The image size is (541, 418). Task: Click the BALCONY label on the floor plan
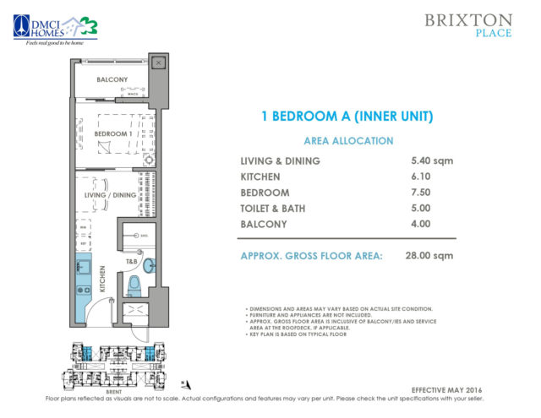(112, 80)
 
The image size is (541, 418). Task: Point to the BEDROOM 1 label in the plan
(112, 134)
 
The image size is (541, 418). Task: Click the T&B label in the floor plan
(132, 262)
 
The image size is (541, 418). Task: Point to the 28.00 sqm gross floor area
(431, 255)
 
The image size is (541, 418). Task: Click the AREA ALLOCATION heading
(347, 141)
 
